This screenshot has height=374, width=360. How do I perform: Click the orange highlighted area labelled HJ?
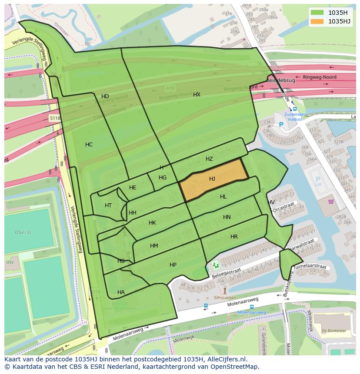(213, 179)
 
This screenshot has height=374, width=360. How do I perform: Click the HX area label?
(197, 94)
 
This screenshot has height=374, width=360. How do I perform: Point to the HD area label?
(105, 96)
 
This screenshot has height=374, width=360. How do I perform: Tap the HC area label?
(89, 145)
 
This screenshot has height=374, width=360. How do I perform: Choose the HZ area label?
(209, 159)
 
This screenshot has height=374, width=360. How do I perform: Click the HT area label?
(108, 205)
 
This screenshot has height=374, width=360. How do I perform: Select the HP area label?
(173, 265)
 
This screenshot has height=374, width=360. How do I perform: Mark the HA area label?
(121, 292)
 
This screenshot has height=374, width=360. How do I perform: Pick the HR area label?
(234, 237)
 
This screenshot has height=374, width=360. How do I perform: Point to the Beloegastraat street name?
(226, 272)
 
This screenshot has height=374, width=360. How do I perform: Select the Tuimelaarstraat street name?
(310, 265)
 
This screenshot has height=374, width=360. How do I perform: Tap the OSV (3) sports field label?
(23, 232)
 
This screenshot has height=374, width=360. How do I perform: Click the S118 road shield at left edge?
(54, 118)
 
